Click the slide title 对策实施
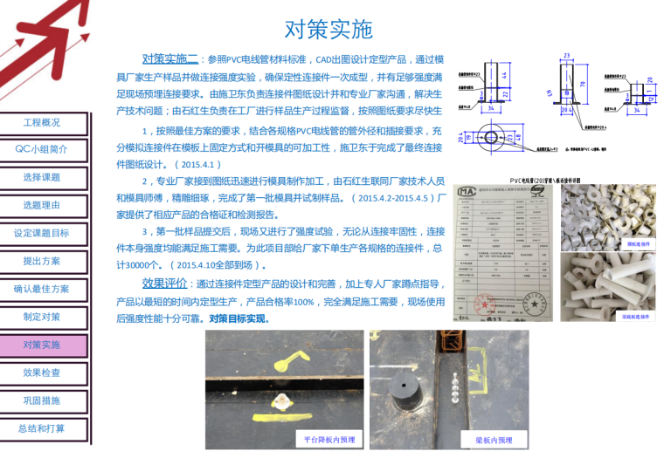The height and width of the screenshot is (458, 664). (329, 30)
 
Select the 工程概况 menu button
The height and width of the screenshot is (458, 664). (42, 123)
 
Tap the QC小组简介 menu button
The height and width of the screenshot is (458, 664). (42, 149)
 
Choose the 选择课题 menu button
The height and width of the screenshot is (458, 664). (42, 177)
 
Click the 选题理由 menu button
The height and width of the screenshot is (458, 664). (42, 205)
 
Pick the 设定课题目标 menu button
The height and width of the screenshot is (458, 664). (42, 233)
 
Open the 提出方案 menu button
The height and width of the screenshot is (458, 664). (42, 261)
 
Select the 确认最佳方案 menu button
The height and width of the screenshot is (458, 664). (42, 289)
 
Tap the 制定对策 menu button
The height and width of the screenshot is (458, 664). (42, 317)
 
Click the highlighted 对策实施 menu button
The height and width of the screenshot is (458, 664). (42, 345)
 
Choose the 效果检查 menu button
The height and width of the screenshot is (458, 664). (42, 373)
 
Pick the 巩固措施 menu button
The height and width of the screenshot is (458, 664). (42, 400)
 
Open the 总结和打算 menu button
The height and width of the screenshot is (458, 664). (42, 428)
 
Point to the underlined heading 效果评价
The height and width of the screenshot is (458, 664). (164, 284)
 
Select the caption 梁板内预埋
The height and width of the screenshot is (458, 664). (494, 440)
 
